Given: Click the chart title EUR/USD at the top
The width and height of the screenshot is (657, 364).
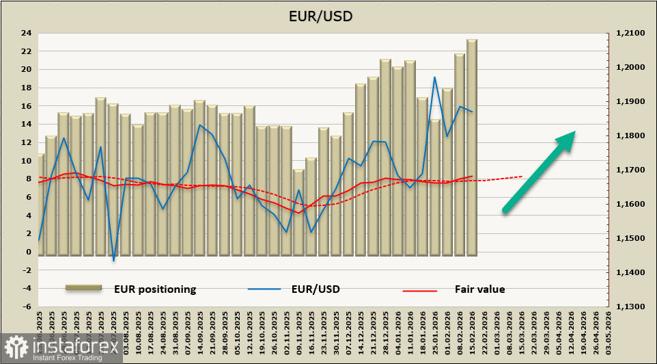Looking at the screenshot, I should [328, 15].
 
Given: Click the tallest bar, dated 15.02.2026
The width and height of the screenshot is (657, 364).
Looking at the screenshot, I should [472, 147].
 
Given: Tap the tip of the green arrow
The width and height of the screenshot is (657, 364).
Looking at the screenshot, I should [573, 133].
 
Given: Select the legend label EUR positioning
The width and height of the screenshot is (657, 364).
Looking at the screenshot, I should [155, 289].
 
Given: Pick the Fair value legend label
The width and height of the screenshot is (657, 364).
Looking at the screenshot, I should [479, 289].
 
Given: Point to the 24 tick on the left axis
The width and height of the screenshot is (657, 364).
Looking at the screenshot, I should [27, 33].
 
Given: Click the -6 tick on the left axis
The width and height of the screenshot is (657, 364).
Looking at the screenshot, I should [27, 307].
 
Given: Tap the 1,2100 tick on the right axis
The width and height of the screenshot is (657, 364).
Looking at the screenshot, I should [630, 34].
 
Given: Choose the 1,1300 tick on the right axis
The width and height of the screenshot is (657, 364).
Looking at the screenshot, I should [630, 307].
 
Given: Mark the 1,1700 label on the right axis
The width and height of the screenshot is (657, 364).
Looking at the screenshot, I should [630, 170].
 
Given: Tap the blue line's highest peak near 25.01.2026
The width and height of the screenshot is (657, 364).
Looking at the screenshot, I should [434, 77].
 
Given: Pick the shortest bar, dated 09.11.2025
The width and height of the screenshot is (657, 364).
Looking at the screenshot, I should [298, 213].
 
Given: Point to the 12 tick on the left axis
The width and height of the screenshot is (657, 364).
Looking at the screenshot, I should [27, 142].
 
